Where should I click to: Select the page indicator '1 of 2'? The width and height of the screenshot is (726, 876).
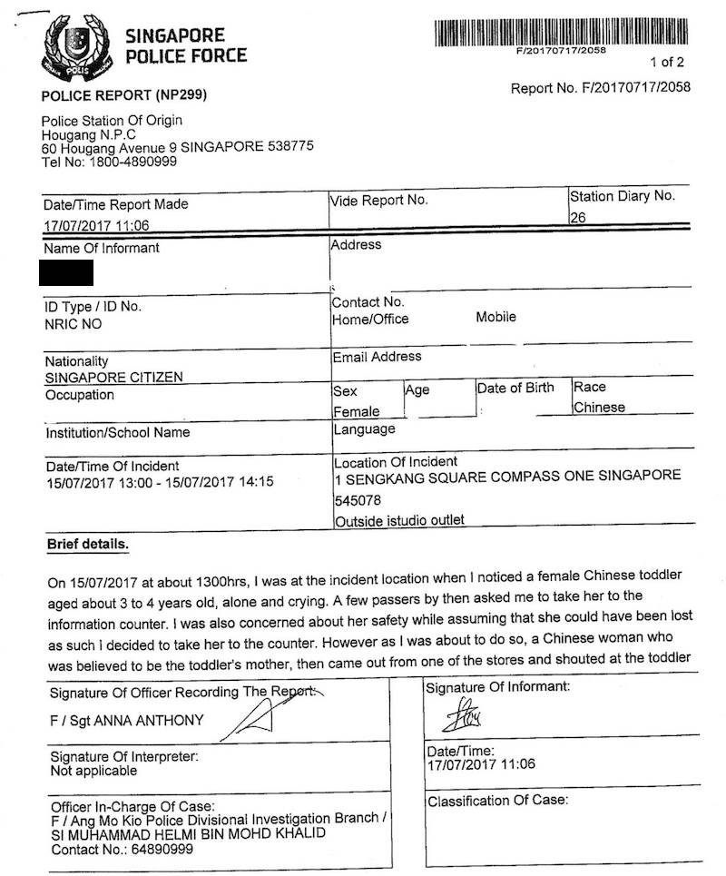[x=667, y=63]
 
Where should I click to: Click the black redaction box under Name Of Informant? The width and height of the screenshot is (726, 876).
[x=66, y=271]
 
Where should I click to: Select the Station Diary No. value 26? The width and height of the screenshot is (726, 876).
[x=578, y=218]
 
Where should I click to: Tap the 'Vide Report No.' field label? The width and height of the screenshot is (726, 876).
[x=379, y=200]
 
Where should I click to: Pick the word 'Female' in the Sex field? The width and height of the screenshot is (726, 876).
[x=356, y=412]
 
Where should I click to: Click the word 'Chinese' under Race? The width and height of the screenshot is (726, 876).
[x=599, y=408]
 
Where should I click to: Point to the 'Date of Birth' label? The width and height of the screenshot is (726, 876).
[x=515, y=388]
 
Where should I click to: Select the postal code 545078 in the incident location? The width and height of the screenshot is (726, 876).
[x=358, y=501]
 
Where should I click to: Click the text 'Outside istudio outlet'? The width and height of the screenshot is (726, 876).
[x=399, y=521]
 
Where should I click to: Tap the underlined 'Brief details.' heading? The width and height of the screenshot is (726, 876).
[x=88, y=545]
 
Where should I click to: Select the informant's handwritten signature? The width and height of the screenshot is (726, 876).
[x=461, y=717]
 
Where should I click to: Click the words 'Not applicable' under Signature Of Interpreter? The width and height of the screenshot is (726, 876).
[x=93, y=771]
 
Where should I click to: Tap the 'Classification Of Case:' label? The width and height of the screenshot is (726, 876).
[x=497, y=801]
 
